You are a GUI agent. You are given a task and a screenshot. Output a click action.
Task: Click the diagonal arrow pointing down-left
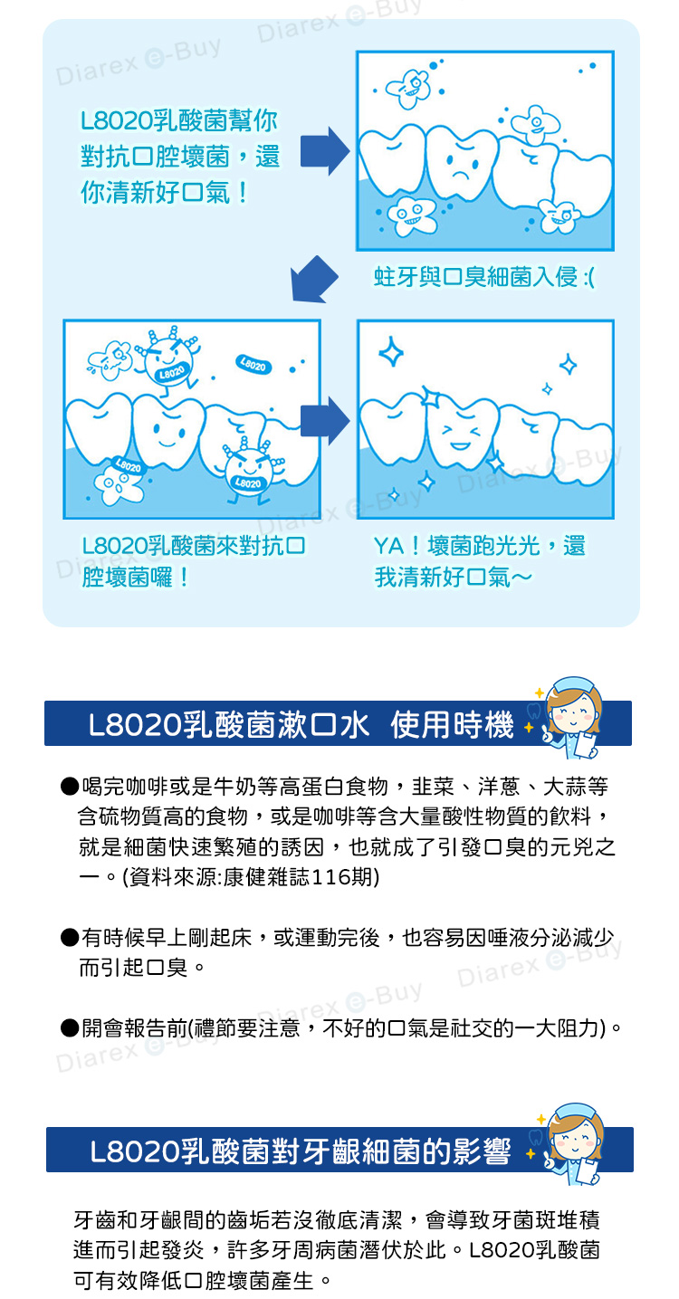click(313, 280)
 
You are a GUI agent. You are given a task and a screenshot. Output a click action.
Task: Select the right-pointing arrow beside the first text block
click(325, 151)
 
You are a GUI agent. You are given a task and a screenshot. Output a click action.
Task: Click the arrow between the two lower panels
click(325, 420)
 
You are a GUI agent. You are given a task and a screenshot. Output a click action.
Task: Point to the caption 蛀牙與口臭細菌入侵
click(475, 277)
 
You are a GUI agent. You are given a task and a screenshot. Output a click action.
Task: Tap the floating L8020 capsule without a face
click(253, 365)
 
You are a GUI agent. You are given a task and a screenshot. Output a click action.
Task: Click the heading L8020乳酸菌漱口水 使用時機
click(301, 724)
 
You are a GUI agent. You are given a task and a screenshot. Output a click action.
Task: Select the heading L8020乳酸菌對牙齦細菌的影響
click(301, 1151)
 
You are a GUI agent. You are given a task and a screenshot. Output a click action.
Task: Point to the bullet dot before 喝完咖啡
click(70, 787)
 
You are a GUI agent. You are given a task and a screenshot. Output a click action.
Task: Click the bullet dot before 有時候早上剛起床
click(70, 937)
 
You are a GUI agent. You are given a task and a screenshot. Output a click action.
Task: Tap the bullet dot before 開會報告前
click(70, 1027)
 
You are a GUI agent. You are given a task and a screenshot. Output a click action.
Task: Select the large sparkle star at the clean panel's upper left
click(391, 351)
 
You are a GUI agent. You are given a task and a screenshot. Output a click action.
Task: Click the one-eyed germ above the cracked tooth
click(536, 123)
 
